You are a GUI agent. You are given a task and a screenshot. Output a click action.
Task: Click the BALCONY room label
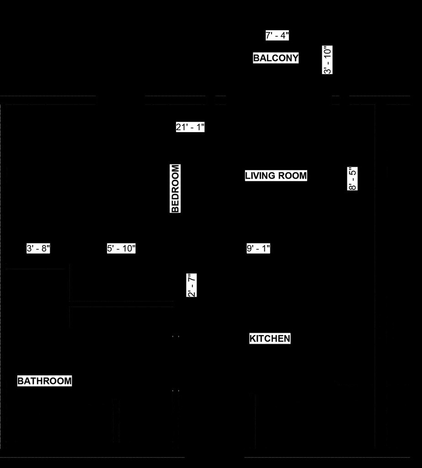pos(276,58)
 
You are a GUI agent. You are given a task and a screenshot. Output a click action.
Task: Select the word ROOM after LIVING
pos(292,175)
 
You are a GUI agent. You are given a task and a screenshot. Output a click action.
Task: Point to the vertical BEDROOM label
pos(175,188)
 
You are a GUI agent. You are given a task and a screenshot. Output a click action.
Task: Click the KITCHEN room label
pos(270,339)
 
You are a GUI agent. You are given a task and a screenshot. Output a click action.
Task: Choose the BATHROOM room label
pos(44,381)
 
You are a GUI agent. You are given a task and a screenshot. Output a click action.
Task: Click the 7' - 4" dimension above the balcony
pos(277,36)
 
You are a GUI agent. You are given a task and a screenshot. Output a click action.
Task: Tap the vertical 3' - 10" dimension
pos(327,60)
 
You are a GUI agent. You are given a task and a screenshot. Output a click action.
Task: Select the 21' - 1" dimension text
pos(190,127)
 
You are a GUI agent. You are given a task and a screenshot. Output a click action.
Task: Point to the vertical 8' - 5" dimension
pos(353,179)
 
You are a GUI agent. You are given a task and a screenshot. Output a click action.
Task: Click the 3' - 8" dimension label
pos(38,248)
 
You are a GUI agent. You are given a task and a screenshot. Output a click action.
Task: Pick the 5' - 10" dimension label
pos(121,248)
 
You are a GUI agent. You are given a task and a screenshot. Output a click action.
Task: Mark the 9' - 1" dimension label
pos(258,248)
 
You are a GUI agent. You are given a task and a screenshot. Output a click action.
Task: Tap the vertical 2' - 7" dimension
pos(192,285)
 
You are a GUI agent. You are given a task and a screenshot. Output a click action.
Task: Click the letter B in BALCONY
pos(256,58)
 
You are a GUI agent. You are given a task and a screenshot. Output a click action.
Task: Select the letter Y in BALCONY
pos(295,58)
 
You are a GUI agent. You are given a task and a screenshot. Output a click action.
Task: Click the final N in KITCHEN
pos(287,339)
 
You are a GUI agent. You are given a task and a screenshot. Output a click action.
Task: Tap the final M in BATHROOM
pos(68,381)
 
